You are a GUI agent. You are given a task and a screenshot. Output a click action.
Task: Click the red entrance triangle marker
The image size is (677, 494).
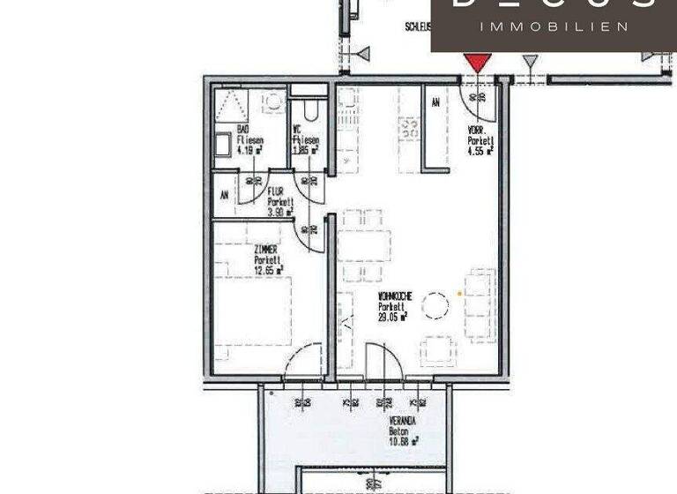coord(477,62)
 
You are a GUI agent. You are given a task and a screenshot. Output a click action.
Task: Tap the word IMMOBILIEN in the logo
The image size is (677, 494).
coord(554,27)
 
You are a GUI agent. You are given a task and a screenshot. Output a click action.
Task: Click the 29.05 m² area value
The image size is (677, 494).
coord(393,316)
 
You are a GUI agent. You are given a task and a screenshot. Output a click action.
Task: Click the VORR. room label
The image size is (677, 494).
coord(478,129)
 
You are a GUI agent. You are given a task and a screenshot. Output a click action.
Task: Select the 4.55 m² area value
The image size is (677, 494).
coord(480,150)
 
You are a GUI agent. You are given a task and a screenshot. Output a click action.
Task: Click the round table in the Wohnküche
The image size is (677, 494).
coord(435,306)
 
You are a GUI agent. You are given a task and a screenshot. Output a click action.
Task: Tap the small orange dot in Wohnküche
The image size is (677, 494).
coord(459,293)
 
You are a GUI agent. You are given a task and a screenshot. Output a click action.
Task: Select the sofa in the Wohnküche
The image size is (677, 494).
coord(480,305)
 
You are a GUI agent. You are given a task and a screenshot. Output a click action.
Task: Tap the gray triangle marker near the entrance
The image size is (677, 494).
coord(529,61)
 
